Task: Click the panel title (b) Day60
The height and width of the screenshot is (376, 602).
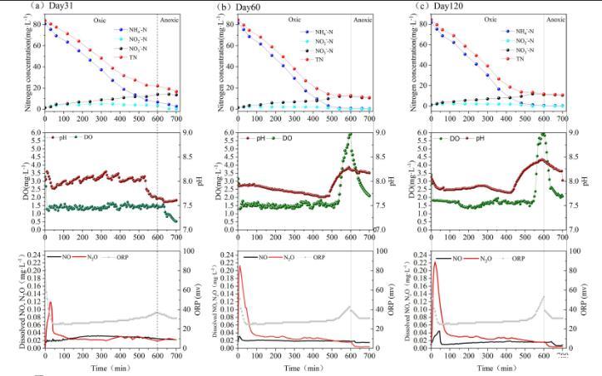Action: (x=236, y=7)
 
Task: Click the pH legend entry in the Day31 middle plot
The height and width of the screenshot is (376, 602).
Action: (x=62, y=137)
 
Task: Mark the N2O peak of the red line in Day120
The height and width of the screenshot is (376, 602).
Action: (x=435, y=264)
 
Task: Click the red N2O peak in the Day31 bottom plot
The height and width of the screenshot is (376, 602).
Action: (x=51, y=303)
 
